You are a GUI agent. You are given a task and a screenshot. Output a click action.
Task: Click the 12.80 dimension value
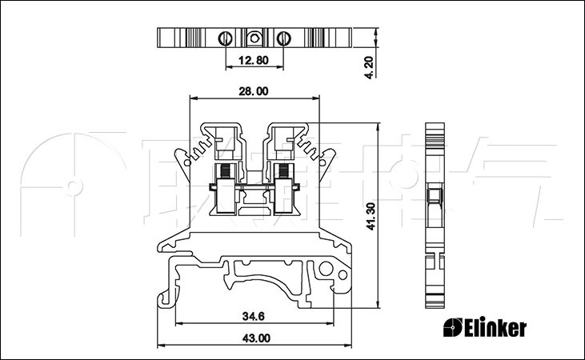tap(253, 59)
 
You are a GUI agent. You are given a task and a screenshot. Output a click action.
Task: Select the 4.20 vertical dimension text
tap(368, 64)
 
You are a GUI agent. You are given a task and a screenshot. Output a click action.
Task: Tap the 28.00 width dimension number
tap(253, 91)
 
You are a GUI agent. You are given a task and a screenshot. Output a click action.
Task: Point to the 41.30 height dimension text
tap(371, 216)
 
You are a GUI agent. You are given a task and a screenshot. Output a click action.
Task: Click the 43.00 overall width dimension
tap(254, 338)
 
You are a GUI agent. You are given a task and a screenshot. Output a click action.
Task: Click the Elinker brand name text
tap(494, 327)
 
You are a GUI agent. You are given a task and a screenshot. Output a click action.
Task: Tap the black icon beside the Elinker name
tap(453, 327)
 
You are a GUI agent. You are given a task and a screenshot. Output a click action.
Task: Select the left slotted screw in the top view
tap(226, 38)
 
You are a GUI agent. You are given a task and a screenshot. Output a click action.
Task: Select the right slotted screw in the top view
tap(283, 38)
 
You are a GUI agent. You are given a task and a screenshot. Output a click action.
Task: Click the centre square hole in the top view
tap(254, 37)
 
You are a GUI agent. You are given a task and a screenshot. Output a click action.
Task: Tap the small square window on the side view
tap(435, 195)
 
